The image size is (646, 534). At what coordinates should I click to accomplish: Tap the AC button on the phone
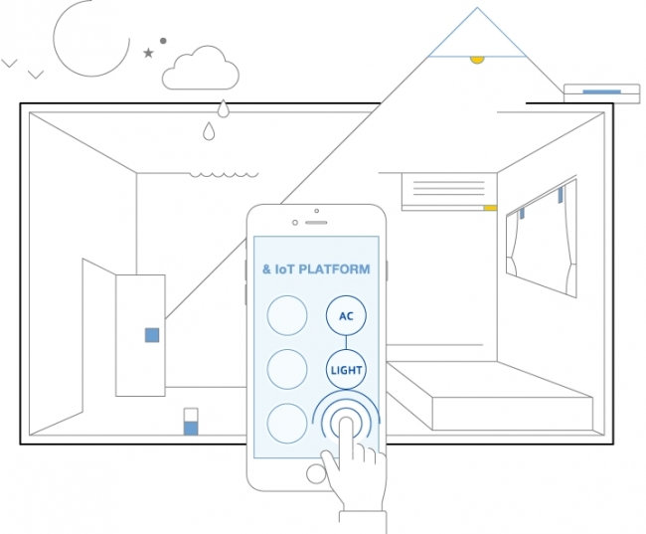346,316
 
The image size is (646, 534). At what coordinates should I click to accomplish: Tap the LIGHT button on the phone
346,370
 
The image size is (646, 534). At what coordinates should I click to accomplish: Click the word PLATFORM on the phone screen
334,269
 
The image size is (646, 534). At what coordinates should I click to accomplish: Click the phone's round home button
316,473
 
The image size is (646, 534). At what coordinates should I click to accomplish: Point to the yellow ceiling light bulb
477,61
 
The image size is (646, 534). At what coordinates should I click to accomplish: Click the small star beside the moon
148,53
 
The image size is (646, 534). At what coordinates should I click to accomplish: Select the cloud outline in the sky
201,68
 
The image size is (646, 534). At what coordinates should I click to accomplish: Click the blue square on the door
152,335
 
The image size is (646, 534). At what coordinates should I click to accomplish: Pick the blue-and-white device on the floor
191,422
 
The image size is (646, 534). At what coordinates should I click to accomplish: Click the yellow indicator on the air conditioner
490,208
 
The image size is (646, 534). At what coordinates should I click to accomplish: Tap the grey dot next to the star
163,41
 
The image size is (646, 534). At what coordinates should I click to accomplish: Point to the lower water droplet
209,130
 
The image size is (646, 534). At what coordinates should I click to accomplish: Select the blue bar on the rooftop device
601,91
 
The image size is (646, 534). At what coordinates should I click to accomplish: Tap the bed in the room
490,395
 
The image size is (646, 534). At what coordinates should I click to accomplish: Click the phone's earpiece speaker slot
316,223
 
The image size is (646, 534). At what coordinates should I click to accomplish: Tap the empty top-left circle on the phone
287,315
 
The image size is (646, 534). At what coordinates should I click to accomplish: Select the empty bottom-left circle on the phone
287,424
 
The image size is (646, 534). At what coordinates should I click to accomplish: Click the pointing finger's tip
346,421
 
